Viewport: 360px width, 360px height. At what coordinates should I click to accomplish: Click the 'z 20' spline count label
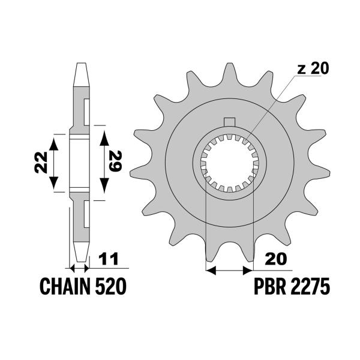click(313, 68)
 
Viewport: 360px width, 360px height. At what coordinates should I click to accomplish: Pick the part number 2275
click(309, 287)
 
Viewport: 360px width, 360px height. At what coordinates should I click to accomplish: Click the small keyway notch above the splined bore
click(229, 123)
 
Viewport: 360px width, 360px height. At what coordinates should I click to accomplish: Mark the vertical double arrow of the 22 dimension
click(54, 162)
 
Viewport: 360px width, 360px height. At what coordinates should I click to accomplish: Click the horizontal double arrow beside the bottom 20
click(229, 271)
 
